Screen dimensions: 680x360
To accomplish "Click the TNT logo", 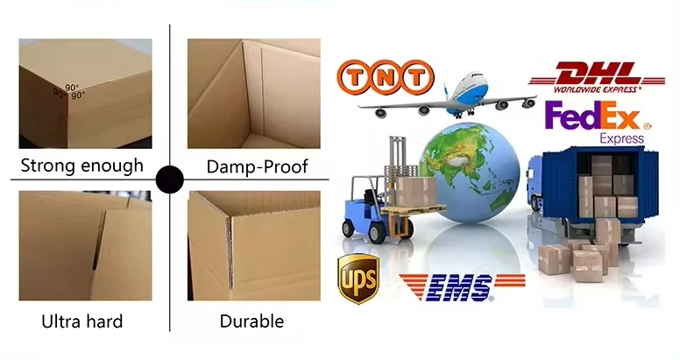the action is (386, 76).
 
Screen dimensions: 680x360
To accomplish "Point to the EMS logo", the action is (462, 286).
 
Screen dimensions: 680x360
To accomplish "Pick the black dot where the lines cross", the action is (169, 180).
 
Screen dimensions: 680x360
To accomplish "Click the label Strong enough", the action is (81, 166).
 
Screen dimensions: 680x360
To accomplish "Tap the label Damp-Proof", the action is (257, 166).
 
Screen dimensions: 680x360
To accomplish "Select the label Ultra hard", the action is (82, 321).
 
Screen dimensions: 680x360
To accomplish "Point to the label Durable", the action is (252, 321).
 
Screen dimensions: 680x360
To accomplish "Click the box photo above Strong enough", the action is (85, 93).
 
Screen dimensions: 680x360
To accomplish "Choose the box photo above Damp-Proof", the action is (254, 93).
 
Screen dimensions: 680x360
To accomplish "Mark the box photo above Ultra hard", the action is (85, 247).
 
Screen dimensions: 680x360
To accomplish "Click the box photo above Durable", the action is (254, 247).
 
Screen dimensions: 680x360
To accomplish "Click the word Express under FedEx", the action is (622, 138).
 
